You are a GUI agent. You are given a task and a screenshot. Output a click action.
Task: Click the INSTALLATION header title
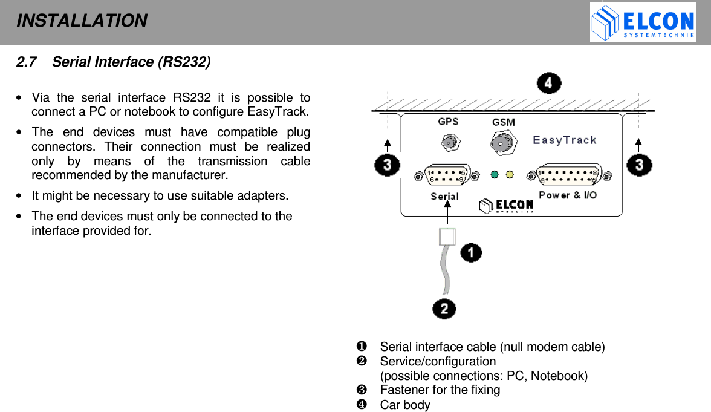point(82,21)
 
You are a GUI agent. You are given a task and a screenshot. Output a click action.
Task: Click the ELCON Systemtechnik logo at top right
point(642,22)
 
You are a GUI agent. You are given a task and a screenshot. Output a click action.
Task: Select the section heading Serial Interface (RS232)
point(131,62)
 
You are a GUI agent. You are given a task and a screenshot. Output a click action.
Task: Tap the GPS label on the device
point(448,122)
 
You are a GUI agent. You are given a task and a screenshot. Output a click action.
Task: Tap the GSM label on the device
point(503,122)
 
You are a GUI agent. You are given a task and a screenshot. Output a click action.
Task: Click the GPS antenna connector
point(449,143)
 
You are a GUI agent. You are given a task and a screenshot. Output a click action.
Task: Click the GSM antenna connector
point(501,143)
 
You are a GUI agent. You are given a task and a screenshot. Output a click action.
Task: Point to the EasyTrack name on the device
point(564,140)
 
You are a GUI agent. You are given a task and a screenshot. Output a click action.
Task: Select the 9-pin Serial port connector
point(447,175)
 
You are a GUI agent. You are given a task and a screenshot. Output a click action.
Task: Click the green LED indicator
point(495,175)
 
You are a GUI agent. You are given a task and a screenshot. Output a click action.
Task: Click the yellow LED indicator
point(510,175)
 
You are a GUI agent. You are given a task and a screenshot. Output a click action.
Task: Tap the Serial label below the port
point(444,196)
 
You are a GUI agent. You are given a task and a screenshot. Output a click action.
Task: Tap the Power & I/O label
point(567,195)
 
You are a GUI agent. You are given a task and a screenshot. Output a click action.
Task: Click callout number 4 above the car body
point(549,83)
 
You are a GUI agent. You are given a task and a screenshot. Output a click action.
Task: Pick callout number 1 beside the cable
point(472,252)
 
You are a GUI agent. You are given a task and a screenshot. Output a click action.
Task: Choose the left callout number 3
point(387,165)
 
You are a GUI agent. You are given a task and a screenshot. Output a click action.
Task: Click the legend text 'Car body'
point(405,405)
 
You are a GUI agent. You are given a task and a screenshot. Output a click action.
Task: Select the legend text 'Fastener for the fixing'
point(440,390)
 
